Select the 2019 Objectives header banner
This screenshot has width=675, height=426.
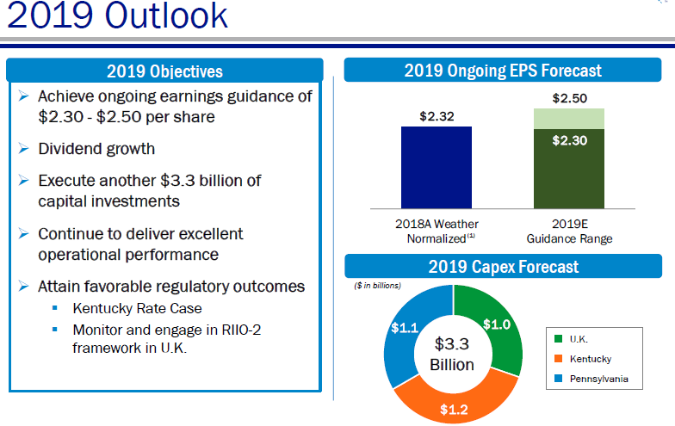(164, 71)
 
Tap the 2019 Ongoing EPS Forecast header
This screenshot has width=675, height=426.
(503, 71)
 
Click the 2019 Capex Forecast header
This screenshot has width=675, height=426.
(503, 267)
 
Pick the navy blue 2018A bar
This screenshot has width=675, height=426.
(436, 167)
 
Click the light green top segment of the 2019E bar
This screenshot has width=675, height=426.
(568, 117)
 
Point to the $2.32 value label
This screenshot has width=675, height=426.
(436, 115)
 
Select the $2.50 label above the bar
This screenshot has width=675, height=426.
(568, 98)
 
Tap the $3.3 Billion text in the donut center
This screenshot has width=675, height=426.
(452, 354)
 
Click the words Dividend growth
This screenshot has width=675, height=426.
(96, 149)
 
